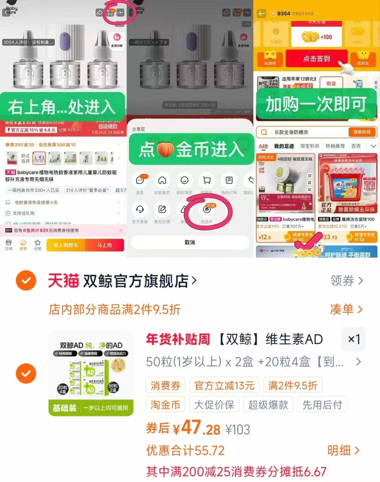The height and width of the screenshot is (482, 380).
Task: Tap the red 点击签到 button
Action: [x=316, y=58]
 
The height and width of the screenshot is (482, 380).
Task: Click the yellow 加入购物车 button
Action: [x=66, y=245]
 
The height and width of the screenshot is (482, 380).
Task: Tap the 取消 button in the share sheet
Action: [x=190, y=242]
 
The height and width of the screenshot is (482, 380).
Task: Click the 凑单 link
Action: [x=346, y=309]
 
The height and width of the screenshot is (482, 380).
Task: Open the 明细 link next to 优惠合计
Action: [x=343, y=450]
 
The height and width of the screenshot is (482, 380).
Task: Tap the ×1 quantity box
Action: [x=354, y=339]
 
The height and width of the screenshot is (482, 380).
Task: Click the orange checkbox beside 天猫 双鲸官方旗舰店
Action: [x=26, y=280]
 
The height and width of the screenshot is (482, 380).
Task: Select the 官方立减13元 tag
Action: [x=224, y=385]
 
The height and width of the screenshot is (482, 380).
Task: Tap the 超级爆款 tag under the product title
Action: [x=268, y=405]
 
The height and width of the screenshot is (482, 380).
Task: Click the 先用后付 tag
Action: [x=322, y=405]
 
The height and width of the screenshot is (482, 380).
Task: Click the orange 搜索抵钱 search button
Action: [x=362, y=132]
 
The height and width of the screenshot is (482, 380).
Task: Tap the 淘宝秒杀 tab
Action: [x=310, y=146]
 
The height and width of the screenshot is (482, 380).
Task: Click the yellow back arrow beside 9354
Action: [x=261, y=14]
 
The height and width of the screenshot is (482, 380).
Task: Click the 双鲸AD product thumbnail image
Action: [x=91, y=373]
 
